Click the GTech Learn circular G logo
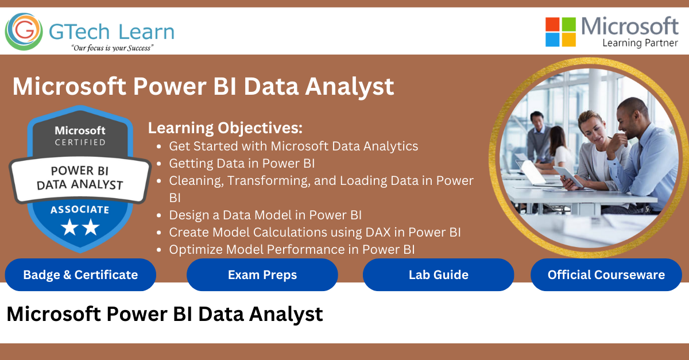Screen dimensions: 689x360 pos(24,32)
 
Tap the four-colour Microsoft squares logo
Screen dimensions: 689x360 pos(560,32)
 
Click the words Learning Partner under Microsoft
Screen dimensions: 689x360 pos(640,43)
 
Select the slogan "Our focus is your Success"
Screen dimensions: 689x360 pos(113,48)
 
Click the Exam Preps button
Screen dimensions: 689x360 pos(262,275)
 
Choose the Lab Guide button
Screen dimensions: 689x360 pos(438,275)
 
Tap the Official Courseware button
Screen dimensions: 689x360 pos(606,275)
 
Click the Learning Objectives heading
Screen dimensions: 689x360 pos(225,128)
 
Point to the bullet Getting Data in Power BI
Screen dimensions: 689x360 pos(242,164)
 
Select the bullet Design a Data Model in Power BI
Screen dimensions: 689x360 pos(265,215)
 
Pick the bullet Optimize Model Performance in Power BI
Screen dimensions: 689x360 pos(292,250)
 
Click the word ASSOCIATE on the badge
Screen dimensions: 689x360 pos(80,210)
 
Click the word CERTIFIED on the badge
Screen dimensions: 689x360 pos(80,142)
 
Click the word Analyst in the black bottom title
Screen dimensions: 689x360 pos(286,315)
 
